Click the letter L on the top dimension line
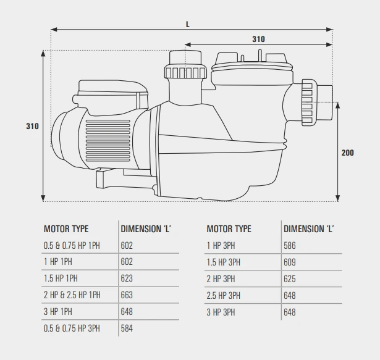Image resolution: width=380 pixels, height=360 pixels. click(187, 24)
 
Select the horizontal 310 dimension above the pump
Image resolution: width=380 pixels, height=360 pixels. click(258, 39)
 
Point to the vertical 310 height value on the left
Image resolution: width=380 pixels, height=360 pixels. click(32, 126)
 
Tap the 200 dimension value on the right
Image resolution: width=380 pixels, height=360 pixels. click(347, 153)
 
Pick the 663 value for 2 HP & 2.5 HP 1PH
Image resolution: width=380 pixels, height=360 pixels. click(127, 295)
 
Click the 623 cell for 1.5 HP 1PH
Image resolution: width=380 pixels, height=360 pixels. click(127, 278)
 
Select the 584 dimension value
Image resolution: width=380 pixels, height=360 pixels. click(127, 329)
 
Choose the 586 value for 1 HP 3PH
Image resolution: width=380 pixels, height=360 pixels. click(290, 245)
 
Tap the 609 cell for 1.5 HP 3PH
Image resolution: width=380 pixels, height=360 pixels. click(290, 262)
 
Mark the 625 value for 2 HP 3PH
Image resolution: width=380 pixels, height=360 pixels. click(290, 278)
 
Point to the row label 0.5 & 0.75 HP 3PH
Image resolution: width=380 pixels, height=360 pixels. click(72, 329)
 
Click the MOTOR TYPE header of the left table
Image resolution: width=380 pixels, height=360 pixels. click(66, 228)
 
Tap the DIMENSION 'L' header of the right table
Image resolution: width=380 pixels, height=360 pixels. click(308, 228)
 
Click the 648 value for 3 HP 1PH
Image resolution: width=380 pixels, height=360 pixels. click(127, 312)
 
